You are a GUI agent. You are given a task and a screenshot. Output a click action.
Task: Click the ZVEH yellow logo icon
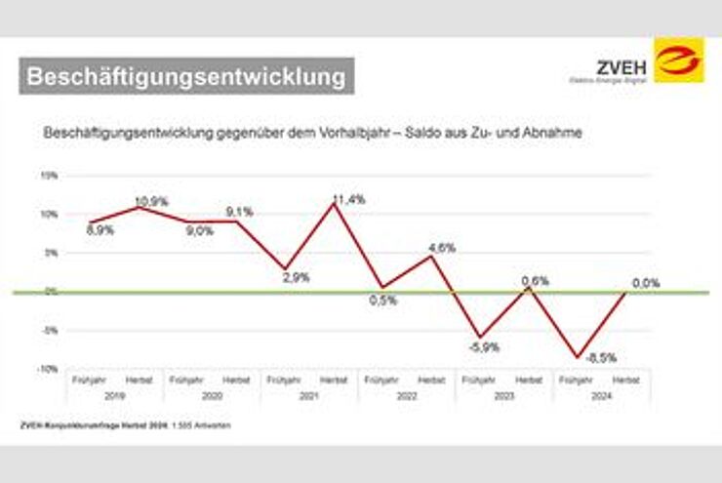(678, 60)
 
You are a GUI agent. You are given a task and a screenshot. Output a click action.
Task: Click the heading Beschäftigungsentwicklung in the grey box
(185, 76)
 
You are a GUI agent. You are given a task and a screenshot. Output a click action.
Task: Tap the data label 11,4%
(348, 199)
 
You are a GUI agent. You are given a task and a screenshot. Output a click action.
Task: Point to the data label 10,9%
(151, 202)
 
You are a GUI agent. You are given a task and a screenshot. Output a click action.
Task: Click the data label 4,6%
(441, 248)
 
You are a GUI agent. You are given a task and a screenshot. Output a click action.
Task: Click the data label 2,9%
(295, 277)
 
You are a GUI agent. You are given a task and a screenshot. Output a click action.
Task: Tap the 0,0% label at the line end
(646, 283)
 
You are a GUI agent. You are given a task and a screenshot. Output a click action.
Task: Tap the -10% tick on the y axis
(49, 369)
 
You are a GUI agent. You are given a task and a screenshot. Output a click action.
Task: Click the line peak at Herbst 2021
(333, 204)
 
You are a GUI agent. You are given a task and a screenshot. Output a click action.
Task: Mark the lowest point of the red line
(579, 357)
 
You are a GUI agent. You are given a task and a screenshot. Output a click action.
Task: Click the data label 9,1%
(239, 211)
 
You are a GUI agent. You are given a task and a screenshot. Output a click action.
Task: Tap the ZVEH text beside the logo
(619, 66)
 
